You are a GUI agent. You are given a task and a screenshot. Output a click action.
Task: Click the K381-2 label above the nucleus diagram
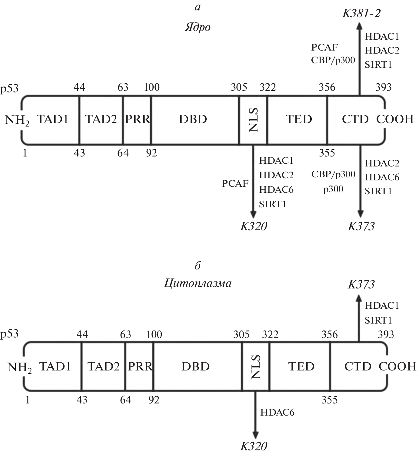pyautogui.click(x=361, y=13)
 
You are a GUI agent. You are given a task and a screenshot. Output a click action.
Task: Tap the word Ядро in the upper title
pyautogui.click(x=198, y=28)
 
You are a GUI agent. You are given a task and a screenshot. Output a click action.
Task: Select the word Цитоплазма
pyautogui.click(x=198, y=283)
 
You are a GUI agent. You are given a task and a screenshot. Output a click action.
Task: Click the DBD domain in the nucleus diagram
pyautogui.click(x=193, y=119)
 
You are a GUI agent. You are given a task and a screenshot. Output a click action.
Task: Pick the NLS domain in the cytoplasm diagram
pyautogui.click(x=256, y=367)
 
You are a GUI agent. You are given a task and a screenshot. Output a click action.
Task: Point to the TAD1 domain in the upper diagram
pyautogui.click(x=53, y=119)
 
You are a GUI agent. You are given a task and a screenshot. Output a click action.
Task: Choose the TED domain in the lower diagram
pyautogui.click(x=301, y=367)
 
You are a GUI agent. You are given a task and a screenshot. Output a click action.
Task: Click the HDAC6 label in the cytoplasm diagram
pyautogui.click(x=277, y=412)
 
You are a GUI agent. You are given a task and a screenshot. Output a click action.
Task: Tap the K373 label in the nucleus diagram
pyautogui.click(x=361, y=226)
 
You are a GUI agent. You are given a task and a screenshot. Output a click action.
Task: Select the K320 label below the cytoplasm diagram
pyautogui.click(x=254, y=446)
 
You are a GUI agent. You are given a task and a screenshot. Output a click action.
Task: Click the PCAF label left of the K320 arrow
pyautogui.click(x=235, y=183)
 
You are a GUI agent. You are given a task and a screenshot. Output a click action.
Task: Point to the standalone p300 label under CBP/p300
pyautogui.click(x=333, y=189)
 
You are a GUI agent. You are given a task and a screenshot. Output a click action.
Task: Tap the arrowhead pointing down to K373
pyautogui.click(x=360, y=214)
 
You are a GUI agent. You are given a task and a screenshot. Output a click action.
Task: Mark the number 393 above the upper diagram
pyautogui.click(x=383, y=87)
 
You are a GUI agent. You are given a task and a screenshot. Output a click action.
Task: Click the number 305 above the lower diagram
pyautogui.click(x=241, y=334)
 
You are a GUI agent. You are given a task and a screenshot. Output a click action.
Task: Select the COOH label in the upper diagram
pyautogui.click(x=395, y=119)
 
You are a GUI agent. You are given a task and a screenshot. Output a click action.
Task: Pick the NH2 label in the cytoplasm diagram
pyautogui.click(x=19, y=367)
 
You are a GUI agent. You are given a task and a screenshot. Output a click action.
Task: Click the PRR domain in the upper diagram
pyautogui.click(x=138, y=119)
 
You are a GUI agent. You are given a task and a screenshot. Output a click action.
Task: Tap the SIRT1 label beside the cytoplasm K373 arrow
pyautogui.click(x=378, y=320)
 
